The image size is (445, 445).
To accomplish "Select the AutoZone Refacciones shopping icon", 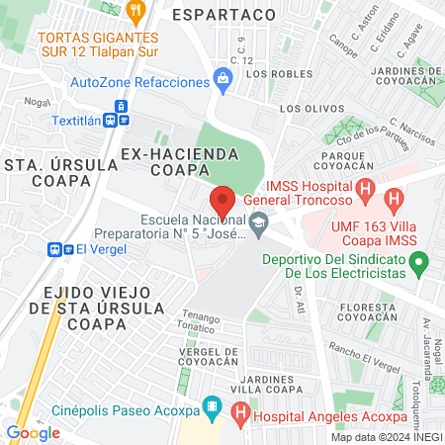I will point(223,85).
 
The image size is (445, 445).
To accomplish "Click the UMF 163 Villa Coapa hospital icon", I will point(395,202).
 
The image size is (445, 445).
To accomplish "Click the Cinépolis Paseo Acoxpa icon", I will point(211,405).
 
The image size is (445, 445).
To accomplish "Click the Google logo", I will point(33,432).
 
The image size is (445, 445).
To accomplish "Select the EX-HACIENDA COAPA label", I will point(180,161).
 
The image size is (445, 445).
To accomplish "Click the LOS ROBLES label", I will point(269,73).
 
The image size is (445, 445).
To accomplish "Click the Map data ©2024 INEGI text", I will point(386,436).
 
